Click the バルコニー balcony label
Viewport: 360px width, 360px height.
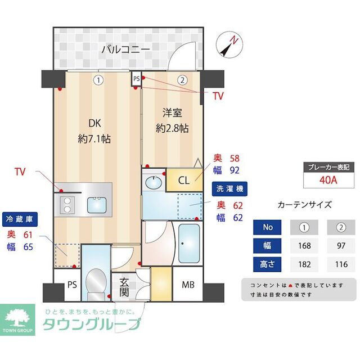(x=125, y=49)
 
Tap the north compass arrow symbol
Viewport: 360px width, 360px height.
(x=229, y=45)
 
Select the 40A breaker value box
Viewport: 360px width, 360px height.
(x=328, y=181)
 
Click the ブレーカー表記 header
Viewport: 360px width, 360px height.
(x=328, y=167)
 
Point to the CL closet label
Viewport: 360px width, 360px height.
(x=184, y=181)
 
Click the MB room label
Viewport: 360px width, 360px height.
(x=187, y=285)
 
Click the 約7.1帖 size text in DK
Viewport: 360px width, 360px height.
(x=94, y=138)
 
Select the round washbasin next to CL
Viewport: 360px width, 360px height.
(x=152, y=182)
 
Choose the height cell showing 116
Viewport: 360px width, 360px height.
(x=340, y=263)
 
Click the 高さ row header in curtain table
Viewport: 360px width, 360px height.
(x=268, y=263)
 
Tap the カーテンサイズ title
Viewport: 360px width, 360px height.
(x=305, y=205)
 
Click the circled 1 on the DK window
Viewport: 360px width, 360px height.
(x=98, y=80)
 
